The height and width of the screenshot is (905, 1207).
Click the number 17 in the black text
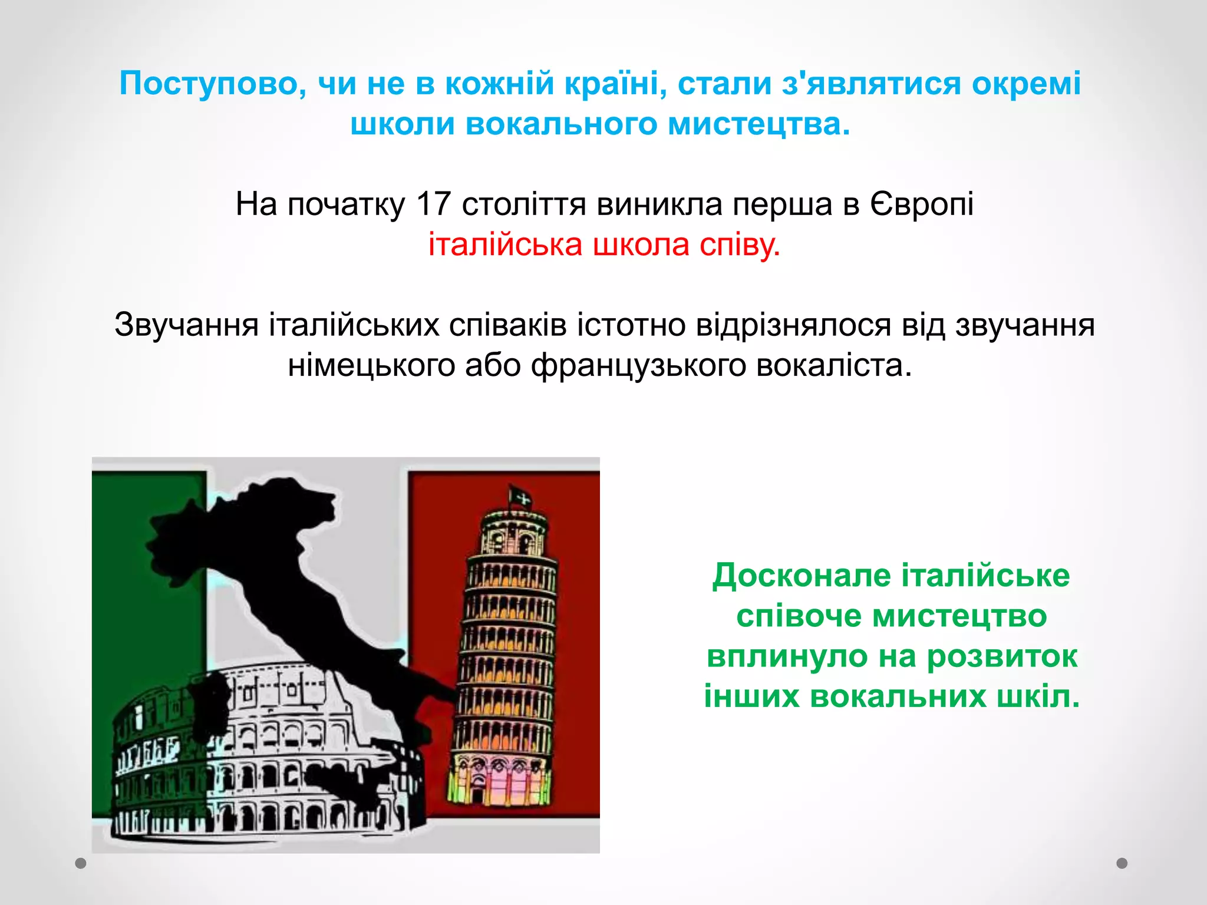433,204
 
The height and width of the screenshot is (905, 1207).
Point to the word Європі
922,204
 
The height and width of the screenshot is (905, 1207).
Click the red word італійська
505,245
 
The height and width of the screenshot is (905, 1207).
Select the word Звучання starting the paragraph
186,325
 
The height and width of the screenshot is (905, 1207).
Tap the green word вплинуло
787,656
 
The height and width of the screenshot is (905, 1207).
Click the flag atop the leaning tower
520,498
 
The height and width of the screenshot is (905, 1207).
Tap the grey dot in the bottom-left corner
81,863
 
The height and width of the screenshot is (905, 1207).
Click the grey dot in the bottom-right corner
1122,863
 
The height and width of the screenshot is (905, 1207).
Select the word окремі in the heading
1026,84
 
